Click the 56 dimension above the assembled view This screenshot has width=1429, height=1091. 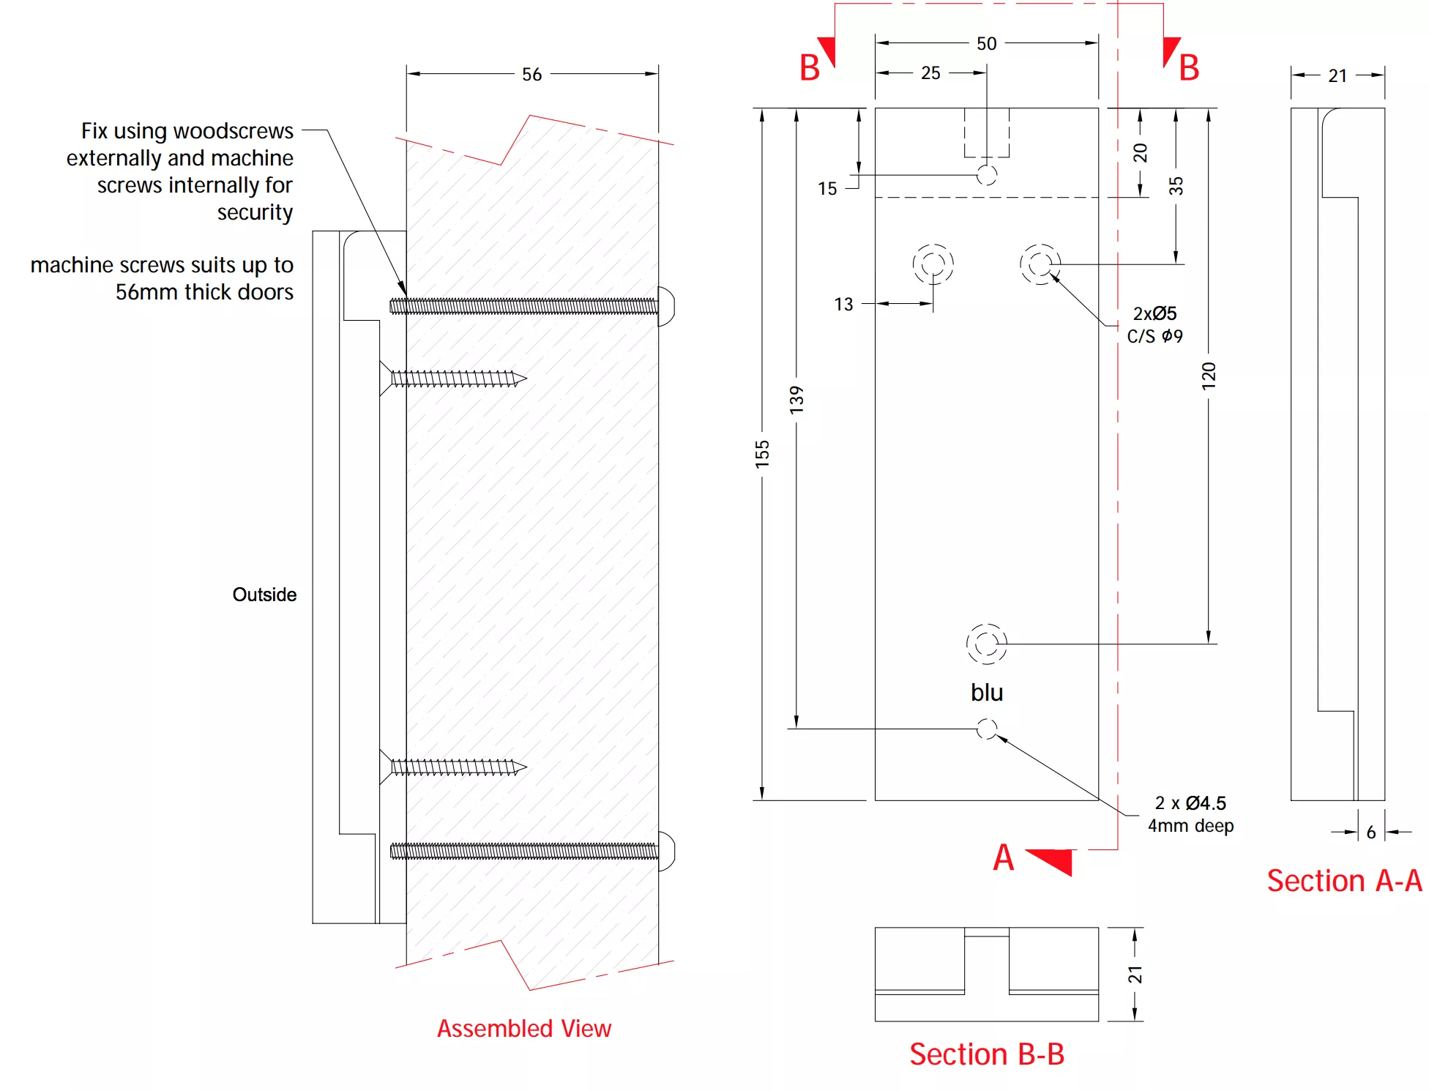click(531, 74)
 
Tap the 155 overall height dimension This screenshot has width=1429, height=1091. click(762, 454)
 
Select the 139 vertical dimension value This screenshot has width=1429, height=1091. click(796, 400)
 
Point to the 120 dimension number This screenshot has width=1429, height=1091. click(1209, 375)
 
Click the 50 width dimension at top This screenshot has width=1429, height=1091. click(986, 44)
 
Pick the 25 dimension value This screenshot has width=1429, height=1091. click(930, 73)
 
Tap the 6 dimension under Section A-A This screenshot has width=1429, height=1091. click(1371, 833)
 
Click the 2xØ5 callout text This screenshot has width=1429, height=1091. click(1154, 313)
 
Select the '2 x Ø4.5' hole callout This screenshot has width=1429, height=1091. click(1190, 803)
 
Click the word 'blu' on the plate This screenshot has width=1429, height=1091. click(986, 693)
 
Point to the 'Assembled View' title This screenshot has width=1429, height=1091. click(524, 1029)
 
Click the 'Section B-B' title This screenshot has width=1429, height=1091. click(986, 1054)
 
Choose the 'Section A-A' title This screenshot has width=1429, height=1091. click(1344, 881)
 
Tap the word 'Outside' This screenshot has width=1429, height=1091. click(264, 595)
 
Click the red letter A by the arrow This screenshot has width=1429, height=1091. click(1003, 857)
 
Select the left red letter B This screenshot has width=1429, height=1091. click(809, 68)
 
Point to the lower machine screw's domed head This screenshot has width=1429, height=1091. click(666, 851)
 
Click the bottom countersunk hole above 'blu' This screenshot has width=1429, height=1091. click(986, 644)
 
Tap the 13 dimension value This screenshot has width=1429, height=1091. click(843, 305)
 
